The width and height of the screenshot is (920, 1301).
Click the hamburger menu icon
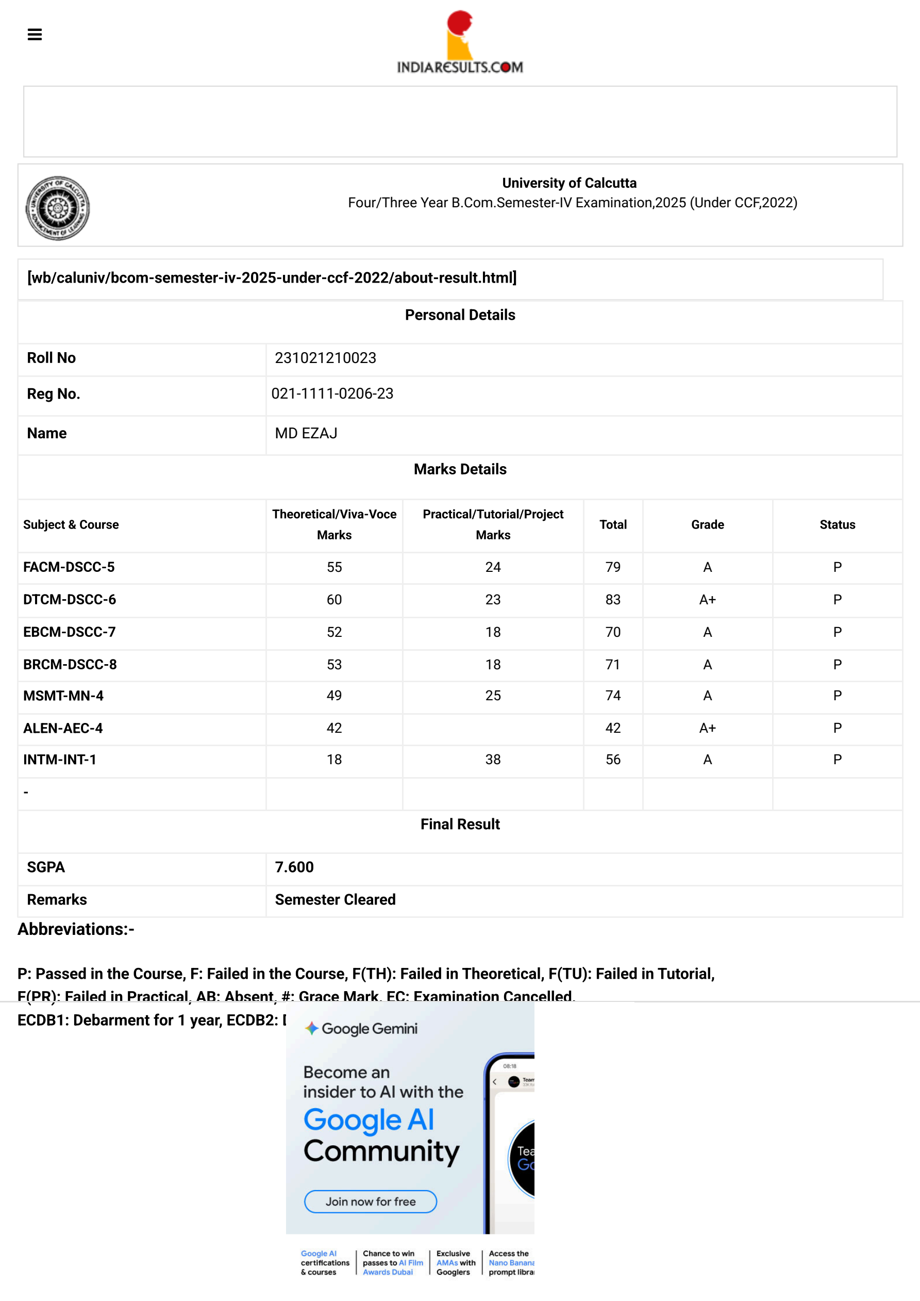(35, 35)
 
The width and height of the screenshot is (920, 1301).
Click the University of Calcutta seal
(57, 207)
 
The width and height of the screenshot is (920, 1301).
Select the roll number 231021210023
(325, 358)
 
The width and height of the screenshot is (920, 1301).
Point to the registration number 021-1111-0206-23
(332, 394)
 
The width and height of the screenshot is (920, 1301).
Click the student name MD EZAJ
(306, 434)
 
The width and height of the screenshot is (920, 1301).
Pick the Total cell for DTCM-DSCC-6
(612, 600)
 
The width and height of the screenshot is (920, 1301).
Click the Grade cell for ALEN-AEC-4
(707, 728)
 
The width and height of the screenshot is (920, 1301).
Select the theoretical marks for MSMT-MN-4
(334, 696)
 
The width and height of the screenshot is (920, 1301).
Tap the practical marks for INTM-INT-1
(493, 760)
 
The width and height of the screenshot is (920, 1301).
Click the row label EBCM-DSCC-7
(69, 632)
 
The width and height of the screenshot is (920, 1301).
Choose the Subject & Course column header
(71, 525)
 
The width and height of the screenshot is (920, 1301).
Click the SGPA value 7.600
(294, 867)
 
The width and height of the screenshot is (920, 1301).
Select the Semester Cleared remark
(335, 900)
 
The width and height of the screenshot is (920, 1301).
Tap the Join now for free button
(371, 1201)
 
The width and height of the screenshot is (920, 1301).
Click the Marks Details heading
(460, 469)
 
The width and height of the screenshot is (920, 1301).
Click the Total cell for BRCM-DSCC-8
(612, 665)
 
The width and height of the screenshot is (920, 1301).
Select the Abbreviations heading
(76, 929)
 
